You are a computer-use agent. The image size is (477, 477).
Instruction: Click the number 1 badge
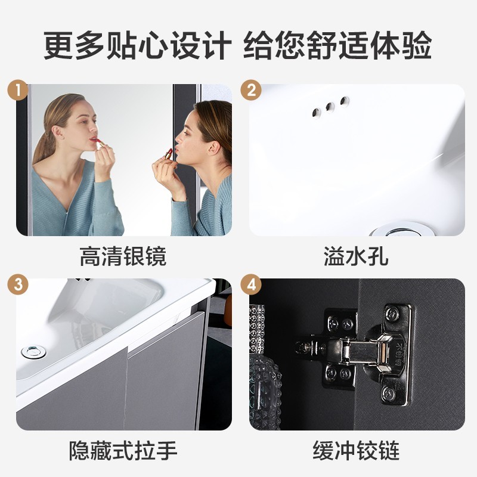click(18, 90)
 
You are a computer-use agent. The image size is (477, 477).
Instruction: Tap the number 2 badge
click(251, 90)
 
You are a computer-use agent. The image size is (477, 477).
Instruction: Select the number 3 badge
click(18, 284)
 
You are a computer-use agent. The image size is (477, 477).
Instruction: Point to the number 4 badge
click(251, 284)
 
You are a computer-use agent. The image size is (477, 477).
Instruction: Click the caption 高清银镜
click(123, 256)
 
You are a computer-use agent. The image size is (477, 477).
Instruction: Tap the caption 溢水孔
click(356, 256)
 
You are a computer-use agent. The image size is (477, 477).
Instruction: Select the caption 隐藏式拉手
click(123, 451)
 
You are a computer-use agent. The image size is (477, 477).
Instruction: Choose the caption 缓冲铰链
click(356, 451)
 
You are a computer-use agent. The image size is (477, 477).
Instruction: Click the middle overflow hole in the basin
click(330, 107)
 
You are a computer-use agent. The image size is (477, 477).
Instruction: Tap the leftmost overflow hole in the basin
click(317, 113)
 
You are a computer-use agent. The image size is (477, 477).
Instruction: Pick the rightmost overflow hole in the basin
click(345, 101)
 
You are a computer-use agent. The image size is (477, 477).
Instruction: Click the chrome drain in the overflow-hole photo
click(402, 230)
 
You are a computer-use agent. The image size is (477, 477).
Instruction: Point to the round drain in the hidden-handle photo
click(33, 352)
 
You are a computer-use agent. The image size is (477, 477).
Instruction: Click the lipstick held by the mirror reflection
click(100, 143)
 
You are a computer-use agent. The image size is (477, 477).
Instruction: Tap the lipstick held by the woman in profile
click(169, 154)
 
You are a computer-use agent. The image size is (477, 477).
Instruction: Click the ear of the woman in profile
click(213, 148)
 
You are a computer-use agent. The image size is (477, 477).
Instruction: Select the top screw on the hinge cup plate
click(392, 314)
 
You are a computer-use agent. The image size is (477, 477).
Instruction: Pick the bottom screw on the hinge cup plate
click(388, 393)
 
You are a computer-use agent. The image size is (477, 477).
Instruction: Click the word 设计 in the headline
click(201, 45)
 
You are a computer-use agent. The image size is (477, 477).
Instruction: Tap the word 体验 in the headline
click(401, 45)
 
